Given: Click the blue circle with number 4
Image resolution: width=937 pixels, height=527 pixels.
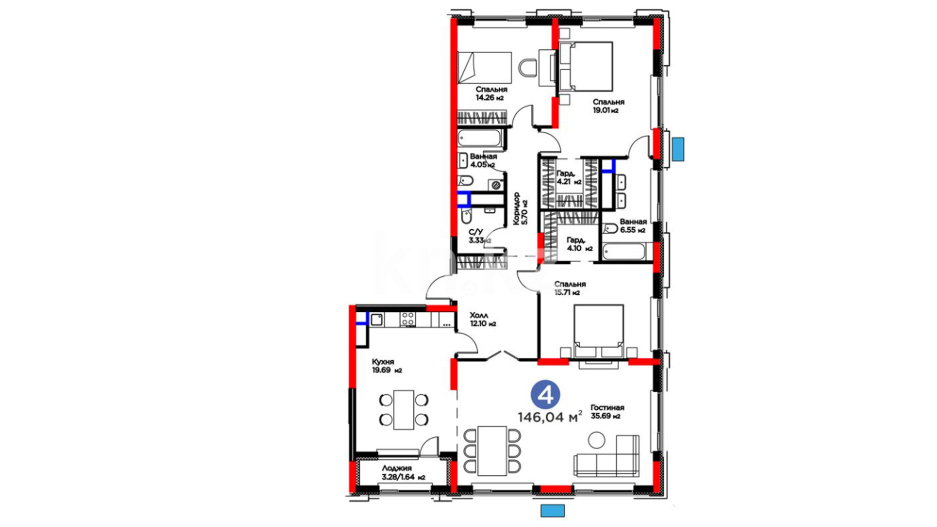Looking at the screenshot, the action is [x=545, y=395].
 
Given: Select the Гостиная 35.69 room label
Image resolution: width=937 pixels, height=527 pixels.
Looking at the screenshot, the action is [x=607, y=412].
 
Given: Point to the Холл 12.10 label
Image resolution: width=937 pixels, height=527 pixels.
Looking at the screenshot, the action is [x=483, y=320].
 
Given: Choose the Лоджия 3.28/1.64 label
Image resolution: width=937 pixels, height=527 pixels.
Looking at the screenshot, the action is [x=403, y=473].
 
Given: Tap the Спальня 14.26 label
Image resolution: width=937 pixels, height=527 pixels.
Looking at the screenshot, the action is [x=491, y=94].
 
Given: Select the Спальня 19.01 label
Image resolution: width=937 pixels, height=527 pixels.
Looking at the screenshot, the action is [x=608, y=106].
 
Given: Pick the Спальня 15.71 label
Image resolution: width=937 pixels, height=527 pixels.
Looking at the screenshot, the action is [x=570, y=288].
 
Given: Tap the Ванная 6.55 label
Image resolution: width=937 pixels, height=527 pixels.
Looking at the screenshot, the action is [x=633, y=226].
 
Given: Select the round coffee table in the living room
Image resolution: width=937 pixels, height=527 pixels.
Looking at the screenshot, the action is [x=596, y=440].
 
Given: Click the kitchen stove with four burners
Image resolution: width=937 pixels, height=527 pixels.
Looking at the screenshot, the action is [x=407, y=319].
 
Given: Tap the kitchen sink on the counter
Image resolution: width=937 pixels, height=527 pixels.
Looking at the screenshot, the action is [x=377, y=320].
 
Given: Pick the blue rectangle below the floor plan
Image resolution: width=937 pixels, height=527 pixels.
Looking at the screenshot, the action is [x=552, y=511].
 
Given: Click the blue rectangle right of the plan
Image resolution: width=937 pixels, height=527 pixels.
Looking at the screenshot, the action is [x=677, y=149].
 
